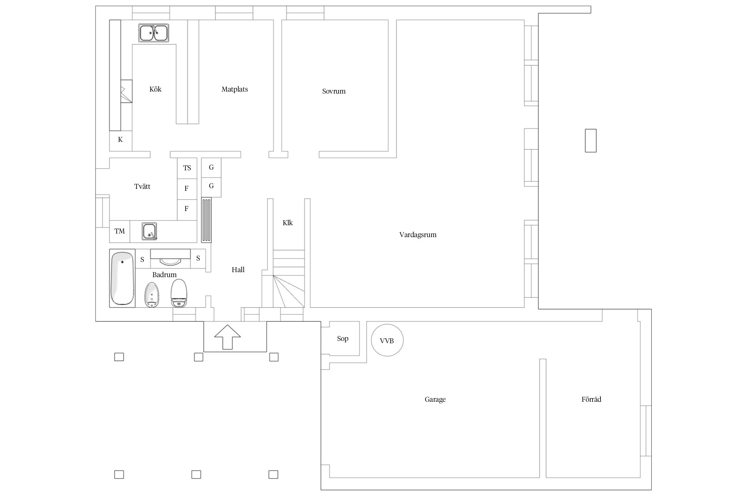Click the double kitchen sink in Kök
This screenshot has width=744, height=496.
(x=153, y=33)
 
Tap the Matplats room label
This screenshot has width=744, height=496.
(x=234, y=89)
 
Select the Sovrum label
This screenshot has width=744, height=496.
(x=334, y=91)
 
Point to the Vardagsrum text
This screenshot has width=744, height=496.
(x=418, y=235)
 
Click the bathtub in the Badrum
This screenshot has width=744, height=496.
(x=122, y=278)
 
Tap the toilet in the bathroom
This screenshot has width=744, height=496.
(x=179, y=293)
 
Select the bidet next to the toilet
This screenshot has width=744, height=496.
(x=151, y=295)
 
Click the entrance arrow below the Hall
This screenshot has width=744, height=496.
(x=227, y=337)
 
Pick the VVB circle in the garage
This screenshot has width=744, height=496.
(x=387, y=340)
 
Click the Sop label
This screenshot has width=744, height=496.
(x=343, y=339)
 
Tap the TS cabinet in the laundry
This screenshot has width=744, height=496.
(x=187, y=168)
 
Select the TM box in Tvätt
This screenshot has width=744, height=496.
(x=120, y=231)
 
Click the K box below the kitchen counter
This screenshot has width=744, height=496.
(x=120, y=140)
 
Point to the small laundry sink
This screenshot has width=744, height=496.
(x=149, y=231)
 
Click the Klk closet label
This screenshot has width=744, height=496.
(x=288, y=223)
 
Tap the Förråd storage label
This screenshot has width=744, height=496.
(x=591, y=399)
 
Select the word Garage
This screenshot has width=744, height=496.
(x=435, y=399)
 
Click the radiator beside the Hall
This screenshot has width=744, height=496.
(x=206, y=220)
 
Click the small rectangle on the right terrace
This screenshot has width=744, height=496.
(x=591, y=141)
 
